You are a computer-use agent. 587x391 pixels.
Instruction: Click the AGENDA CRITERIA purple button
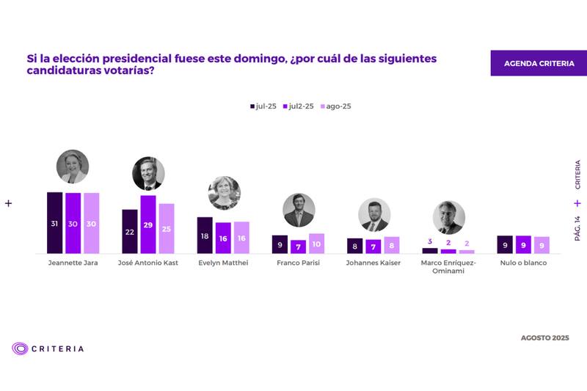(539, 63)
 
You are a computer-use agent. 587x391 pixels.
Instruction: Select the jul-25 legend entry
(262, 106)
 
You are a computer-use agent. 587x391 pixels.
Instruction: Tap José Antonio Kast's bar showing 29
(148, 224)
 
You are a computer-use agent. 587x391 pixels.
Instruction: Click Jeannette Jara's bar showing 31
(54, 223)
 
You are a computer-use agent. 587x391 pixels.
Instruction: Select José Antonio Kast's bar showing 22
(130, 231)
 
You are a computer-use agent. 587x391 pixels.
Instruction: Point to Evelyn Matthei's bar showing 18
(205, 235)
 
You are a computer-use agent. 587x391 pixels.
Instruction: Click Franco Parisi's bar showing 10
(316, 244)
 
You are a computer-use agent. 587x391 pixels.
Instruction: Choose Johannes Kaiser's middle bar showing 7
(373, 246)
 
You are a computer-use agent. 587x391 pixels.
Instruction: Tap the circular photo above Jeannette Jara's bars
(73, 167)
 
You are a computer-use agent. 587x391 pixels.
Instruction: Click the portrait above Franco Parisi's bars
(299, 210)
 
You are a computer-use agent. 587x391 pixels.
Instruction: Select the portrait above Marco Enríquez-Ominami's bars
(448, 217)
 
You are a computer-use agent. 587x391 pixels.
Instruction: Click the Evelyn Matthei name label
(223, 263)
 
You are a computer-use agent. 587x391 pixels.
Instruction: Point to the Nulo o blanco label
(523, 263)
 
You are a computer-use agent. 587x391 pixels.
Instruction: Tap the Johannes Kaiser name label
(373, 263)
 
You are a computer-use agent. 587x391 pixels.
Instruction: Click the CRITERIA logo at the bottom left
(48, 348)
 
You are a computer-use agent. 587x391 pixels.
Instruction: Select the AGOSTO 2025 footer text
(545, 337)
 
